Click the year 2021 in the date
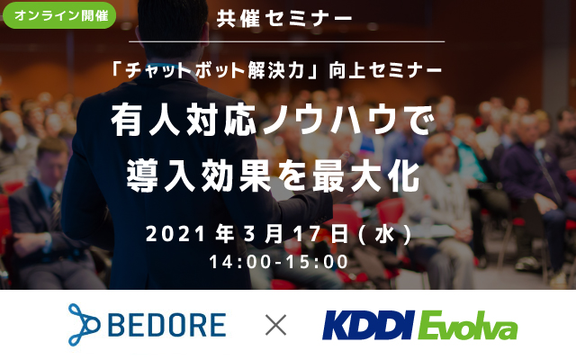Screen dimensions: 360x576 point(176,235)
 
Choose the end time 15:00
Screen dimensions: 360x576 point(316,262)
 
